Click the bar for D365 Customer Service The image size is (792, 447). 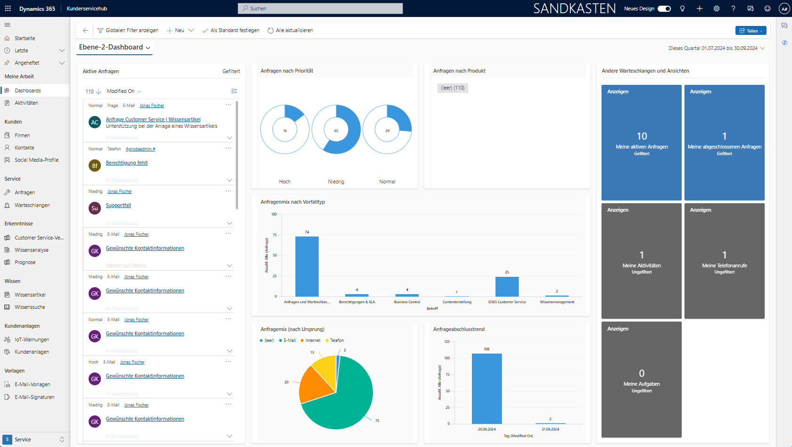507,287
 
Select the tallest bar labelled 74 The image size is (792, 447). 307,266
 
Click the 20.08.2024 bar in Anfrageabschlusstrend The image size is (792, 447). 487,389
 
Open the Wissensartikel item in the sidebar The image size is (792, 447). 30,295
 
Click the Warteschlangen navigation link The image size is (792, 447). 32,205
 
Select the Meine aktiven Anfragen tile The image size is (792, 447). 641,142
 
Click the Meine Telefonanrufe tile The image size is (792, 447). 724,261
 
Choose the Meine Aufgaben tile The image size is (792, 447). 641,380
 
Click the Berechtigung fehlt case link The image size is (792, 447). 127,163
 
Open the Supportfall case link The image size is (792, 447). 118,205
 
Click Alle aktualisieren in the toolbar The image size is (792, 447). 290,30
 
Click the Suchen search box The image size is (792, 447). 321,8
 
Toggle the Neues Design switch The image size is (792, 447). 664,8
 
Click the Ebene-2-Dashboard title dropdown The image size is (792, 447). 115,47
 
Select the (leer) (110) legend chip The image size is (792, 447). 453,88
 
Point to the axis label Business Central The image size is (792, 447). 407,302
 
